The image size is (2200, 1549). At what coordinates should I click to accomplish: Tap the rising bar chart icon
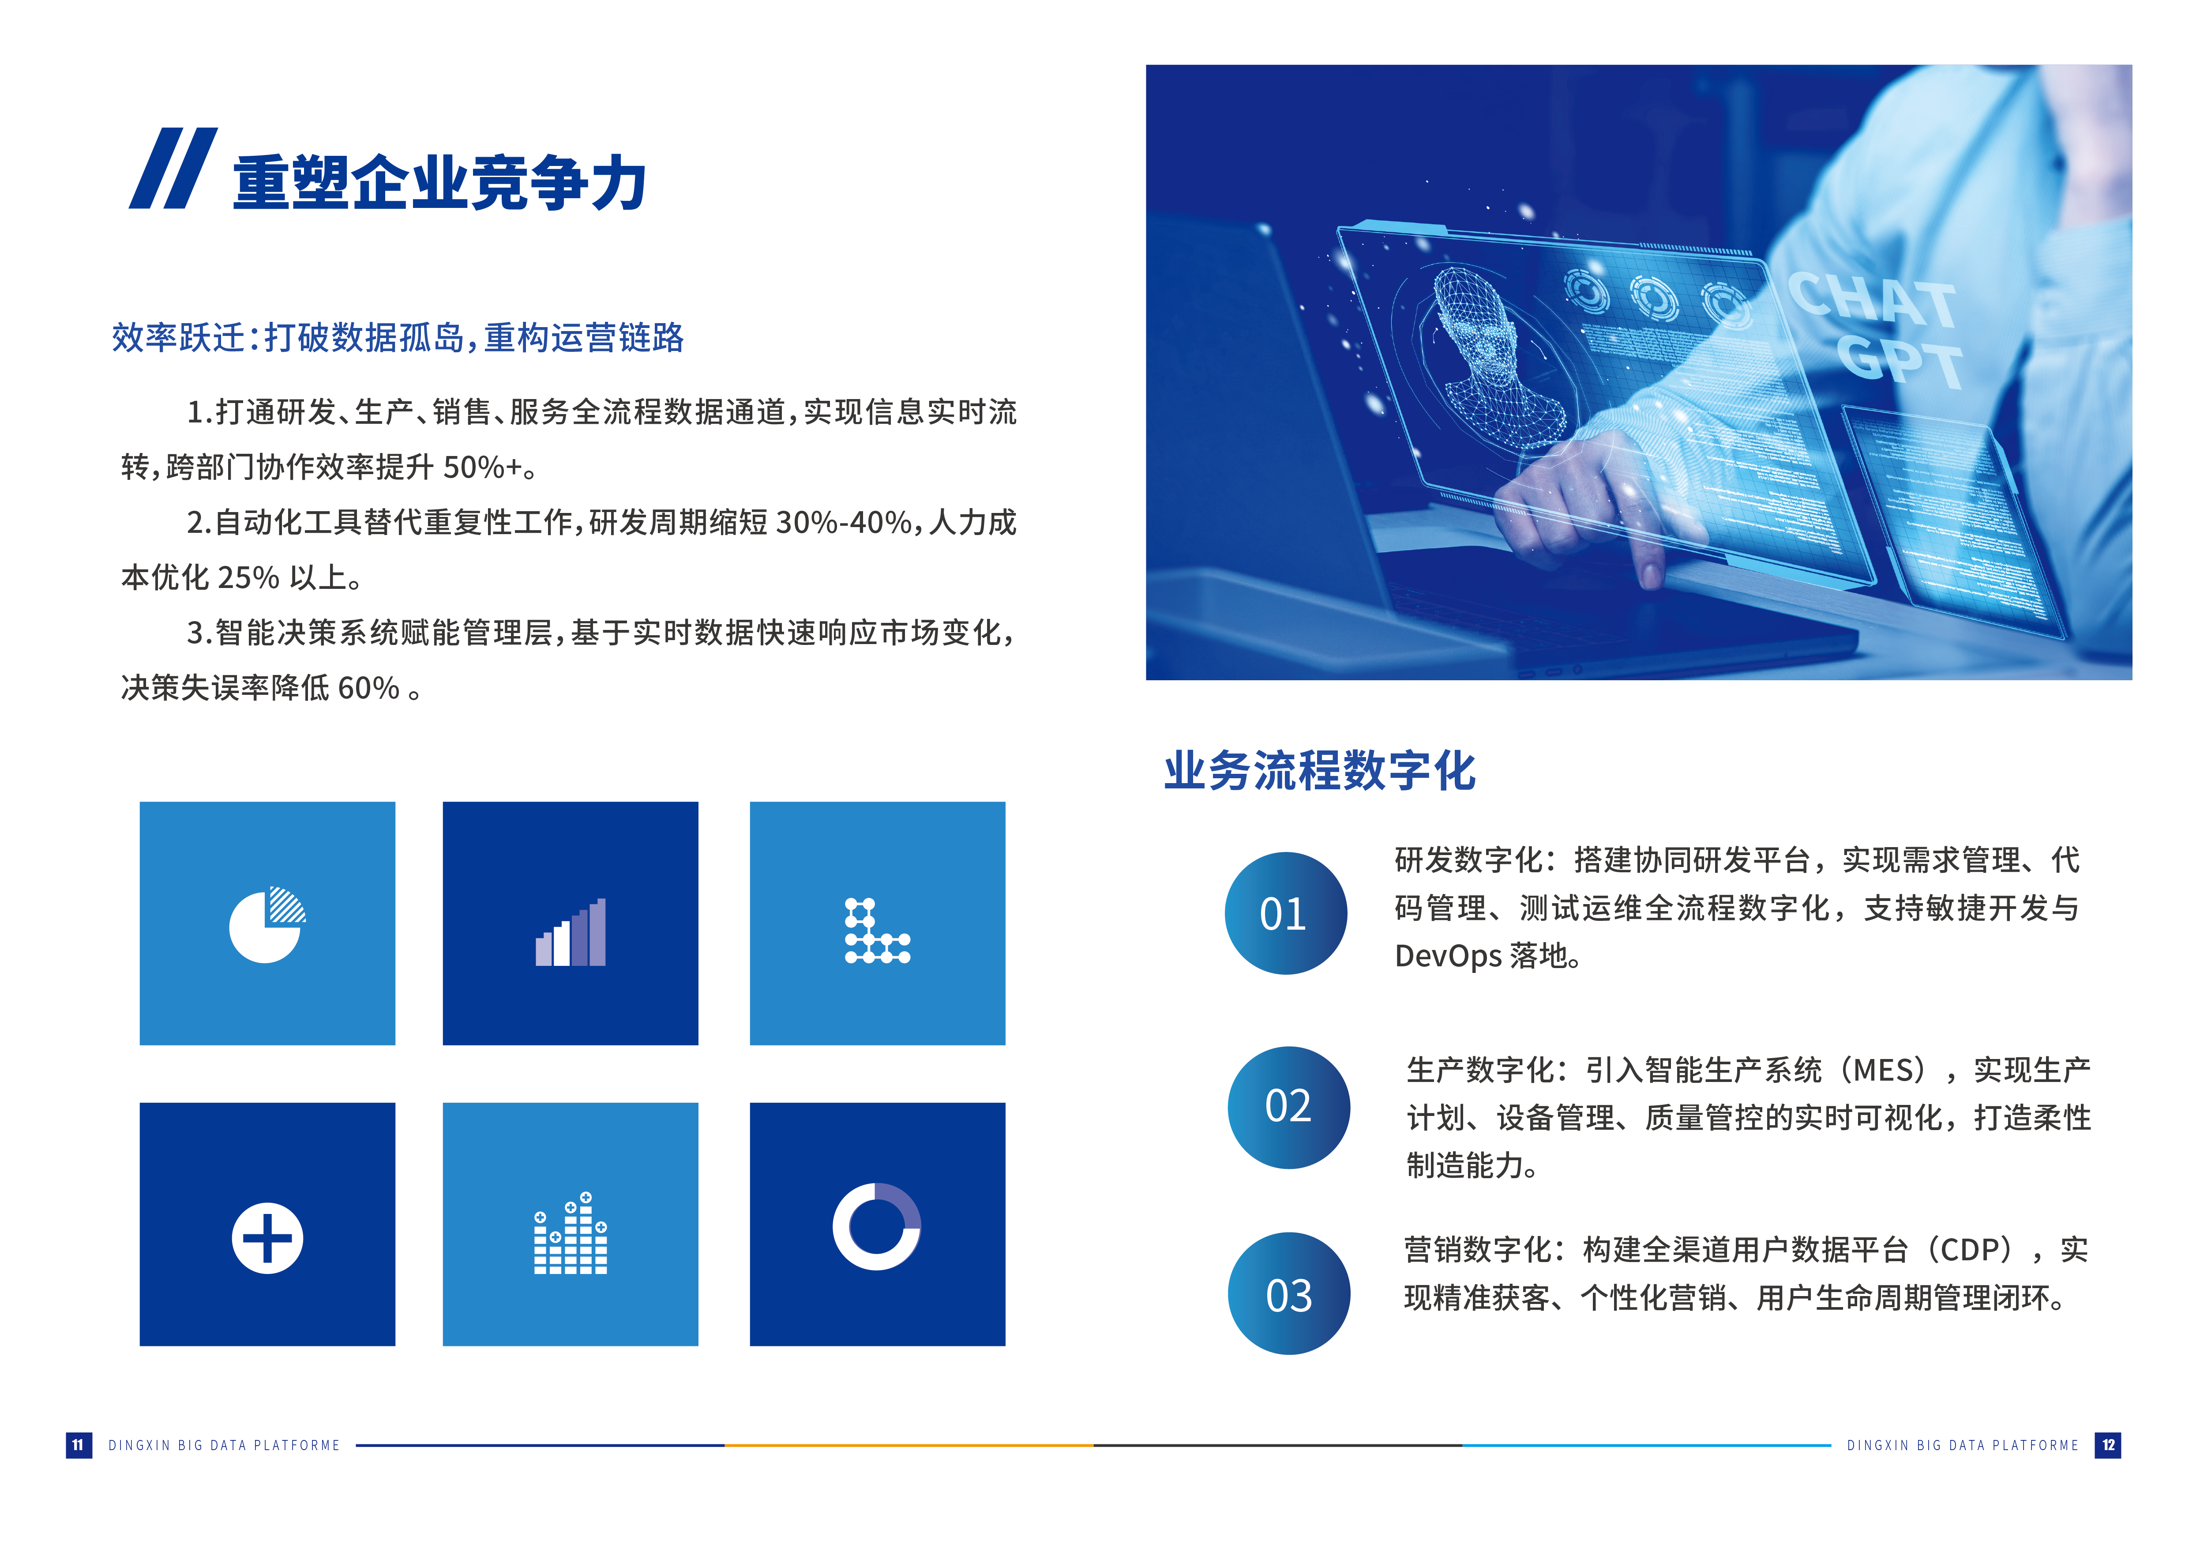tap(570, 932)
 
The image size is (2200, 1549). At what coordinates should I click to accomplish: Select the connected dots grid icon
tap(877, 930)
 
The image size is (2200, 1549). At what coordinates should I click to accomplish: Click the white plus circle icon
tap(267, 1237)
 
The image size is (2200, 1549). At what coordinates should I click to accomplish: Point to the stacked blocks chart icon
tap(570, 1234)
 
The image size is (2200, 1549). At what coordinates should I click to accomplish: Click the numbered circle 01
tap(1285, 913)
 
